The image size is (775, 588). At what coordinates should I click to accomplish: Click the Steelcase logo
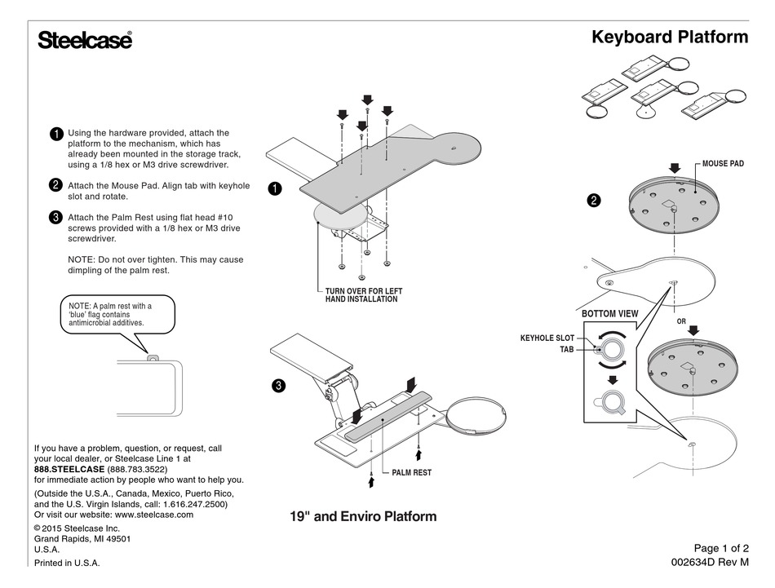[84, 40]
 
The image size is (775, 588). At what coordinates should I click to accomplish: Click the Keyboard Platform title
[669, 37]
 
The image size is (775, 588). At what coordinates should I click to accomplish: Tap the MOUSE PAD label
[723, 164]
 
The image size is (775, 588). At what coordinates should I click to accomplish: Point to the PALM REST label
[411, 472]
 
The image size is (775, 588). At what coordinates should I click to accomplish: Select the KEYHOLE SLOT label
[547, 338]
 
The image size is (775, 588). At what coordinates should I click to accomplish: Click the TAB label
[567, 349]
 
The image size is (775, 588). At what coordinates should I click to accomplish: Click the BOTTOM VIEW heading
[609, 313]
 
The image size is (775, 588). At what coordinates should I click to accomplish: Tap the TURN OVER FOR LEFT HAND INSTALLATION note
[358, 295]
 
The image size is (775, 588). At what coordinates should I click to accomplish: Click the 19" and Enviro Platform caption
[363, 516]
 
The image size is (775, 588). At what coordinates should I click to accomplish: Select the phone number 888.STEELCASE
[69, 470]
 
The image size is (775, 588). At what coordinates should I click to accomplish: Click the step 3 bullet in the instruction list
[55, 217]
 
